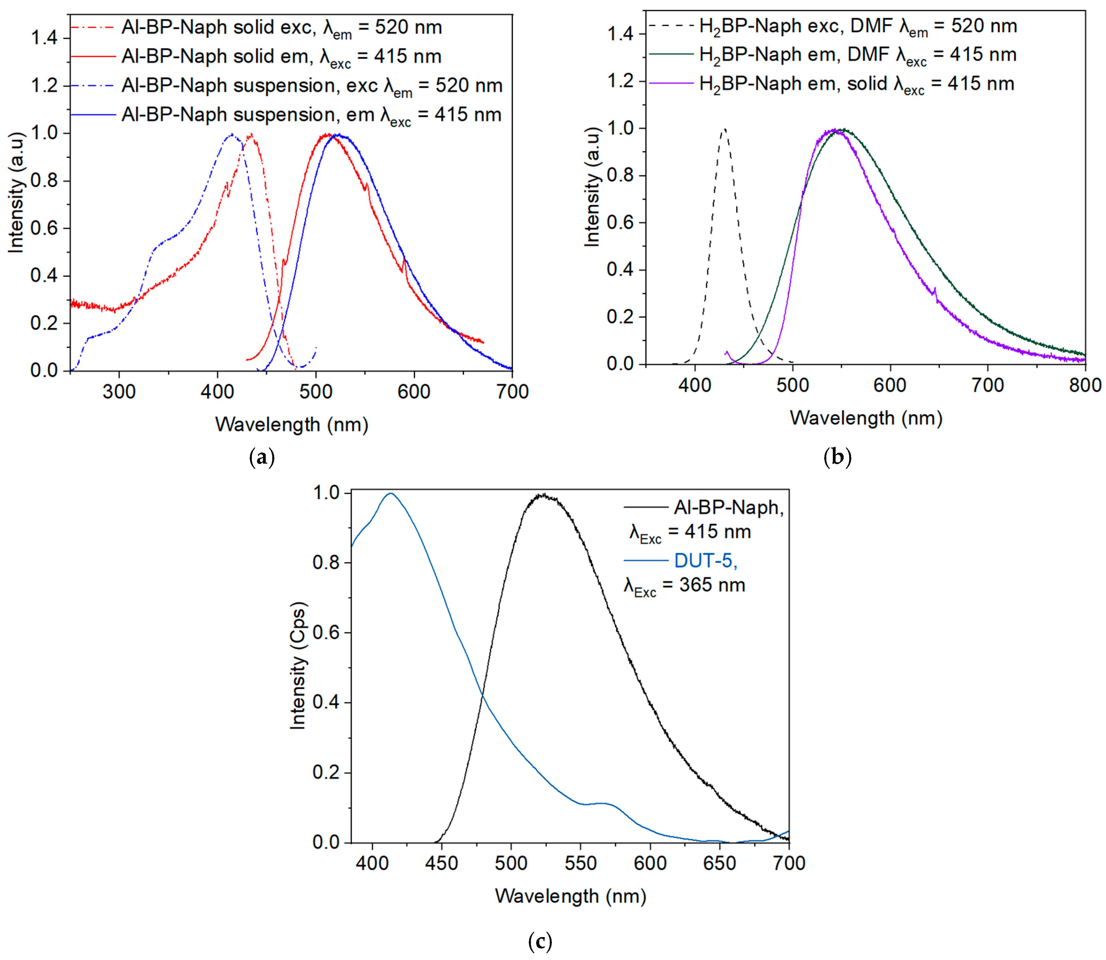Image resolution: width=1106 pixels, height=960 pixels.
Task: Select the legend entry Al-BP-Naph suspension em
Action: pyautogui.click(x=311, y=115)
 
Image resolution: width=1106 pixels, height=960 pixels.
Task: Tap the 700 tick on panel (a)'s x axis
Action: pyautogui.click(x=512, y=391)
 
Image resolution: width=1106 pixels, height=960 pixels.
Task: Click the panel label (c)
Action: pyautogui.click(x=540, y=941)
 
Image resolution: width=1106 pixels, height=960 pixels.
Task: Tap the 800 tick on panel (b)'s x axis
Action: pyautogui.click(x=1085, y=385)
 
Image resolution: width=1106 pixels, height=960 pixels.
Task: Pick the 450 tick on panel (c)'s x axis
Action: pyautogui.click(x=442, y=863)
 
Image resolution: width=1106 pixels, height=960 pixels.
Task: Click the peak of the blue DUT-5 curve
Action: pyautogui.click(x=390, y=493)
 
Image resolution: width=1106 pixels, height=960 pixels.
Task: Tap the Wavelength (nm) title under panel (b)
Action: pyautogui.click(x=866, y=418)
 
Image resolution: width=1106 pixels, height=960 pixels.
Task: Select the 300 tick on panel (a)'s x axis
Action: pyautogui.click(x=119, y=391)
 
